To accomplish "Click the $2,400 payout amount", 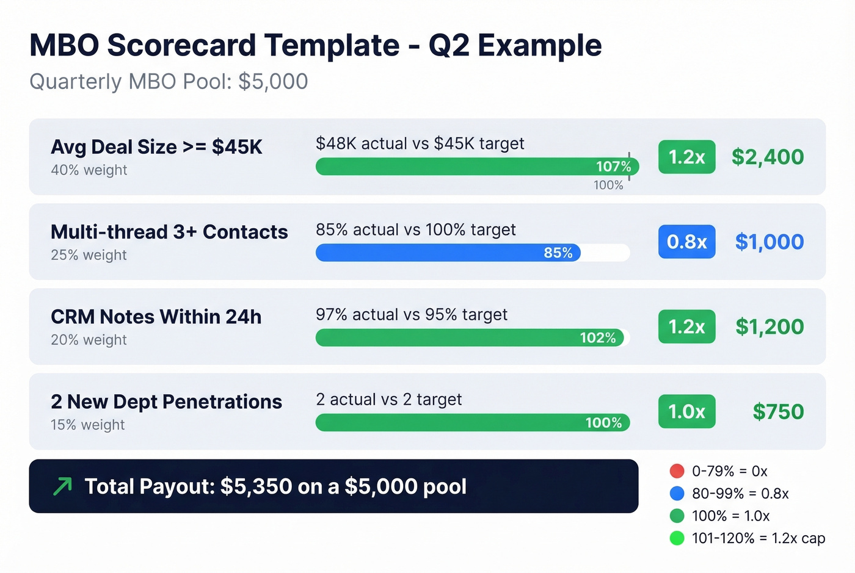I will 768,157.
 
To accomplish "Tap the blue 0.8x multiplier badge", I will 686,242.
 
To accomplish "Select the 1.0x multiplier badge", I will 686,411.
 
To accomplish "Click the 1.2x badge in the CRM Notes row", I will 686,326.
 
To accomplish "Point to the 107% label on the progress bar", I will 613,167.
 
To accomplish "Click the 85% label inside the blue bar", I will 558,253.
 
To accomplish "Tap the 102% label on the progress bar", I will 597,337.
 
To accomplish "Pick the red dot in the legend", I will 677,471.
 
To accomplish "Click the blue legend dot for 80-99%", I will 677,493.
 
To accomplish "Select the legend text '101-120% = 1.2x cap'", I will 758,538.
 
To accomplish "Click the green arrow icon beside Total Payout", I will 62,486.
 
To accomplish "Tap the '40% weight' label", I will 89,170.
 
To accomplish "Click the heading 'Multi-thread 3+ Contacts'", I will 169,232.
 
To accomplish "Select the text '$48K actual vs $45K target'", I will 420,143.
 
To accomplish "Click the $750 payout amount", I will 778,411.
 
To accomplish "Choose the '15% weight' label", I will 88,425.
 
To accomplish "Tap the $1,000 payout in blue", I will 769,242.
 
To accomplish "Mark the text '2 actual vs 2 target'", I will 388,399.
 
